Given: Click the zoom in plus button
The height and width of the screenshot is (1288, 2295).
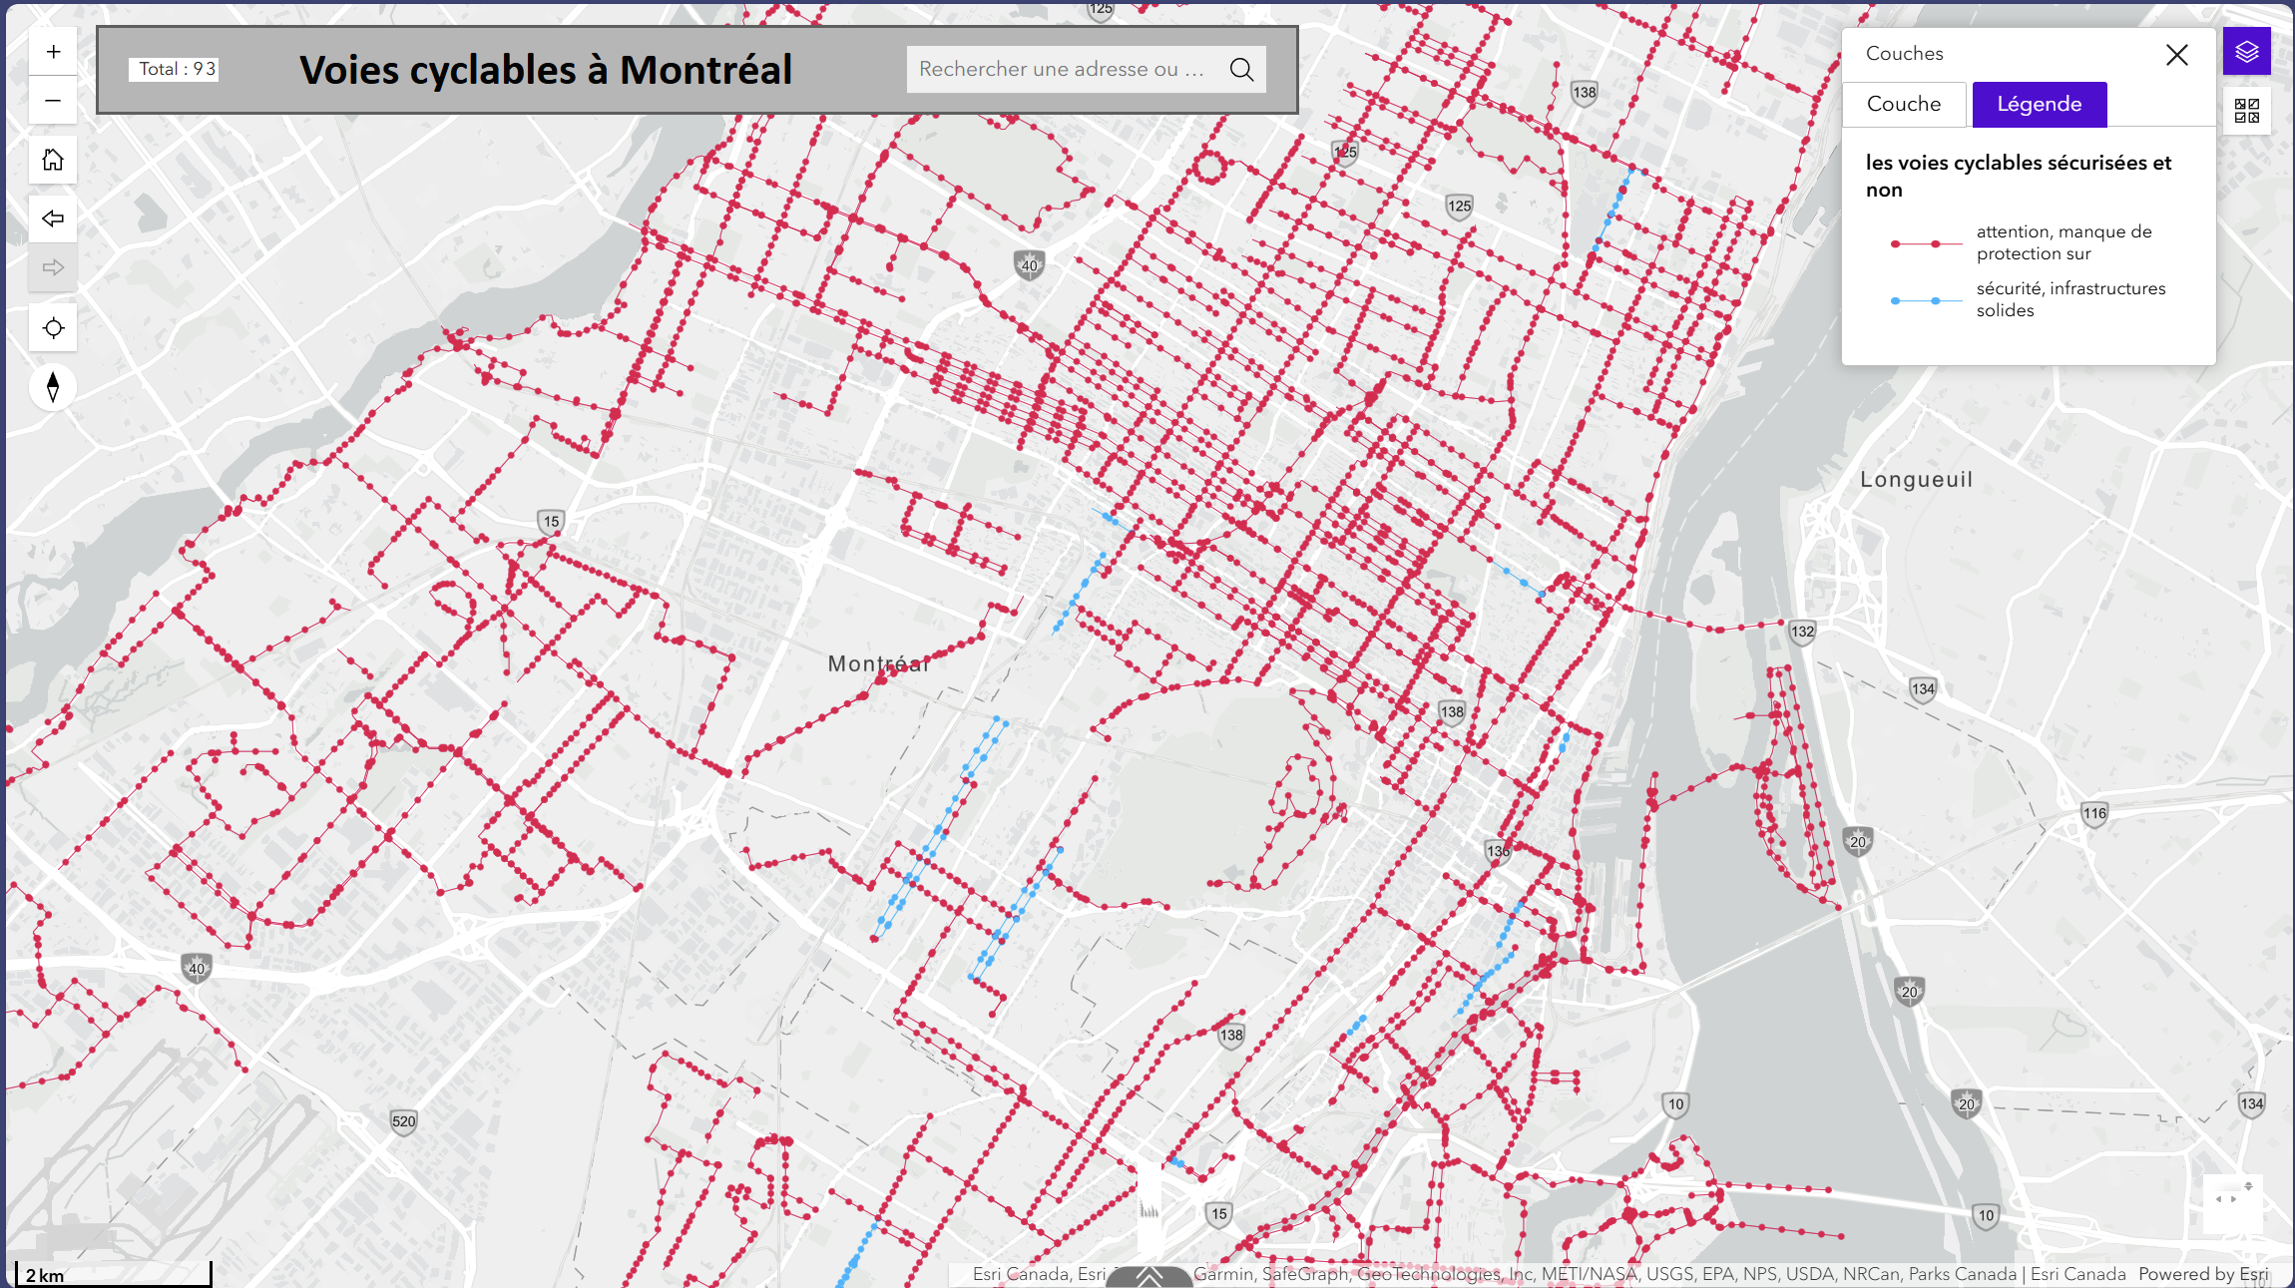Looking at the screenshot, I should click(x=53, y=52).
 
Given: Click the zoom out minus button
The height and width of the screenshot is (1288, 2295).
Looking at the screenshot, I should click(x=53, y=101).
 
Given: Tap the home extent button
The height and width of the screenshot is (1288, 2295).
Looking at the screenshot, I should click(x=53, y=160).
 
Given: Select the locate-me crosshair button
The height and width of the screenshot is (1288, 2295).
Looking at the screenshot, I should click(x=53, y=328).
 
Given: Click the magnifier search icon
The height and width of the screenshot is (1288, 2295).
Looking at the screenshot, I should click(x=1241, y=70).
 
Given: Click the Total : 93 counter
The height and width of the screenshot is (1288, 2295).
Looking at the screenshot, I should click(x=176, y=69).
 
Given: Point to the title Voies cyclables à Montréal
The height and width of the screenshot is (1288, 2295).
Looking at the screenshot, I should click(x=545, y=70).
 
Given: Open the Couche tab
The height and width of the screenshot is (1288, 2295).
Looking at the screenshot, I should click(x=1903, y=105).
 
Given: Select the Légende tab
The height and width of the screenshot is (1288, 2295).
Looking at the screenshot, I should click(x=2039, y=105).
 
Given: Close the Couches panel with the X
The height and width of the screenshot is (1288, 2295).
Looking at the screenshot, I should click(x=2176, y=55).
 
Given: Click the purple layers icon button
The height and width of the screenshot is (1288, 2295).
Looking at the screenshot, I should click(x=2246, y=52).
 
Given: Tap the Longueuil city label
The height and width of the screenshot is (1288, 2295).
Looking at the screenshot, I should click(x=1916, y=480).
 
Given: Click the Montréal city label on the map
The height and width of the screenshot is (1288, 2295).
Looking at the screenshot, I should click(x=877, y=664).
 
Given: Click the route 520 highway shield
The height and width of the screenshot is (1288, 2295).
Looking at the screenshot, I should click(x=403, y=1121).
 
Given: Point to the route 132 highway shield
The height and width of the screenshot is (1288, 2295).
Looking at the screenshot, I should click(x=1802, y=632).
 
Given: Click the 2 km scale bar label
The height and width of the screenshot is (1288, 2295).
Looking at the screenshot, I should click(x=45, y=1276).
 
